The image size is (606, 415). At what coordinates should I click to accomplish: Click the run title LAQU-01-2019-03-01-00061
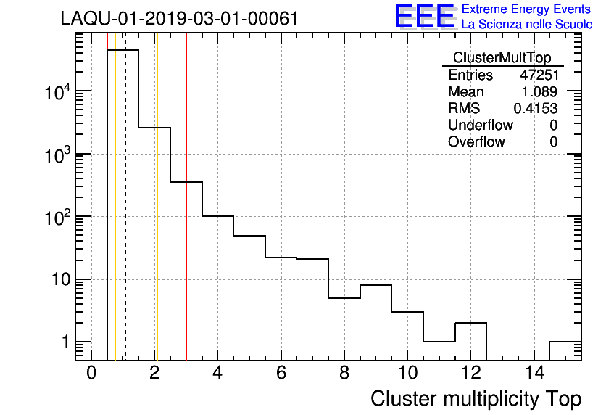click(180, 19)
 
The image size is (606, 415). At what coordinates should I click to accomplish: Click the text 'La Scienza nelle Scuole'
click(526, 24)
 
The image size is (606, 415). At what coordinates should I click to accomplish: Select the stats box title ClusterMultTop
click(502, 58)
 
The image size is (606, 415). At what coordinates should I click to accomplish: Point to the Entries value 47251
click(539, 75)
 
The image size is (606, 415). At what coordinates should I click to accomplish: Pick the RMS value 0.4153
click(536, 108)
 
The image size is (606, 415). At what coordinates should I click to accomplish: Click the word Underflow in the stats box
click(480, 125)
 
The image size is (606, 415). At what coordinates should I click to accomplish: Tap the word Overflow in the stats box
click(476, 141)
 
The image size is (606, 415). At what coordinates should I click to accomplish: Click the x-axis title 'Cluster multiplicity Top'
click(476, 398)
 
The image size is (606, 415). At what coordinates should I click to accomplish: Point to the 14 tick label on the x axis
click(534, 373)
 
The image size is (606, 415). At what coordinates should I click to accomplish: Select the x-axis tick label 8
click(344, 373)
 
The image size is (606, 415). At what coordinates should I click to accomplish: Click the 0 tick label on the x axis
click(91, 373)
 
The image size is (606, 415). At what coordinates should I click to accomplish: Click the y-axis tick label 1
click(64, 342)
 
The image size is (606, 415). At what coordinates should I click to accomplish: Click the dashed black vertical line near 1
click(125, 218)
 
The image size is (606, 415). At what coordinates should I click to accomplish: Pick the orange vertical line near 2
click(157, 218)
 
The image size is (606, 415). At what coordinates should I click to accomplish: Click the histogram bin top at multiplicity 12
click(470, 323)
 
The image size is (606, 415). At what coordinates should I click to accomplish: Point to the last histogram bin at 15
click(565, 342)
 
